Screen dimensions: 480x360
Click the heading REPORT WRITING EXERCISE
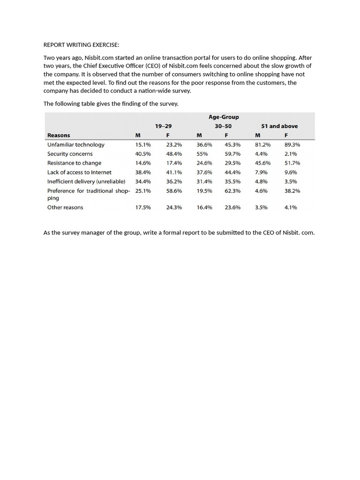click(x=81, y=45)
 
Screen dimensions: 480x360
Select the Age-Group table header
click(x=224, y=117)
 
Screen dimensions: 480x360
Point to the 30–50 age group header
click(x=223, y=126)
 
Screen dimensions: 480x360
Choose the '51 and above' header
click(x=279, y=126)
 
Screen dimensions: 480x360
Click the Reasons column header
click(x=59, y=135)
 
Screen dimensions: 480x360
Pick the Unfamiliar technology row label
click(x=75, y=145)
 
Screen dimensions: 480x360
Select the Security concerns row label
click(x=70, y=154)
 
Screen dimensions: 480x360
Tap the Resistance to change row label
click(x=74, y=163)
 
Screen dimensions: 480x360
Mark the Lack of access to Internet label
click(x=79, y=172)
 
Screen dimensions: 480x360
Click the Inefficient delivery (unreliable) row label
click(x=86, y=181)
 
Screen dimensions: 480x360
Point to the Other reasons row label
click(x=65, y=207)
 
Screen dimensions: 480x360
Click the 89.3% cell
click(x=292, y=145)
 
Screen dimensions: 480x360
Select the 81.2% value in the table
click(x=262, y=145)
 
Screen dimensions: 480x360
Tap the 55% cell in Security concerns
click(x=202, y=154)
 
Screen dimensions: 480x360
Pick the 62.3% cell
click(x=232, y=191)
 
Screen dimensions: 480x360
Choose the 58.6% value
click(x=174, y=191)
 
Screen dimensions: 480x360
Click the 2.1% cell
click(x=291, y=154)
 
